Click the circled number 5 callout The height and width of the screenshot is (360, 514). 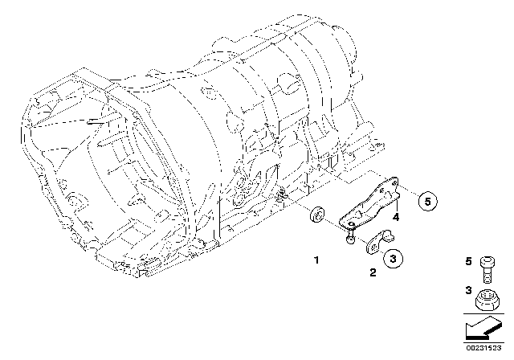[x=428, y=202]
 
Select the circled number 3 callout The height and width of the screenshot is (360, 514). [x=393, y=259]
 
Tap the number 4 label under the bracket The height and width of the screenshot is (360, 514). [x=396, y=217]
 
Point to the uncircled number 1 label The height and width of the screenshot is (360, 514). [x=316, y=260]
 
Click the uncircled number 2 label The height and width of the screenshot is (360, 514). [x=373, y=272]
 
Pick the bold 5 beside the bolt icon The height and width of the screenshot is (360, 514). [x=468, y=261]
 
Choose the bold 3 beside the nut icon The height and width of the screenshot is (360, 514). [x=468, y=290]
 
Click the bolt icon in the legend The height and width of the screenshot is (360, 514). [x=487, y=269]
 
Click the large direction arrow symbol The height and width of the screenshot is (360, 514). [x=483, y=327]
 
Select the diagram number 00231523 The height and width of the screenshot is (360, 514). [x=483, y=348]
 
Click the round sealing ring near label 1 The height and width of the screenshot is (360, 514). [x=317, y=215]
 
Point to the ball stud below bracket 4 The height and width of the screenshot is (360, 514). [x=350, y=237]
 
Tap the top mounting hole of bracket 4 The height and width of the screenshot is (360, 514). [x=394, y=182]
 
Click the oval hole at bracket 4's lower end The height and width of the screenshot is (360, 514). [x=351, y=224]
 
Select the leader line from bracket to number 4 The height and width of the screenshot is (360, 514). [x=396, y=205]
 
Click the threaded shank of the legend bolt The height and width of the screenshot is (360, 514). [x=487, y=276]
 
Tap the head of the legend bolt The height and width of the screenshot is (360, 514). [x=487, y=262]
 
